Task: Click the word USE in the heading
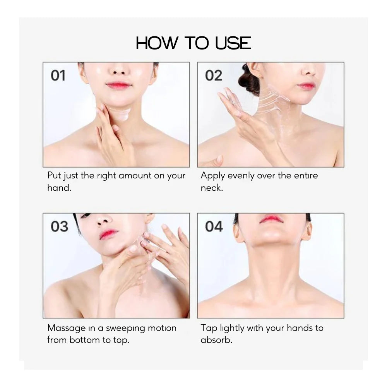[x=233, y=43]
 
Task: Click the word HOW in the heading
[x=156, y=43]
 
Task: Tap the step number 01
[x=58, y=75]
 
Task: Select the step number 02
[x=214, y=75]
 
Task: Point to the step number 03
[x=59, y=226]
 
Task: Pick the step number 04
[x=214, y=226]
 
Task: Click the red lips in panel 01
[x=118, y=86]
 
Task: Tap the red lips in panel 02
[x=306, y=86]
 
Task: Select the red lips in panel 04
[x=271, y=219]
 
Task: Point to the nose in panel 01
[x=119, y=70]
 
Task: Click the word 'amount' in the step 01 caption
[x=135, y=176]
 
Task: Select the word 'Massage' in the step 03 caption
[x=67, y=329]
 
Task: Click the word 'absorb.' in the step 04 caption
[x=216, y=340]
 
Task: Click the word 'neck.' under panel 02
[x=212, y=188]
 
